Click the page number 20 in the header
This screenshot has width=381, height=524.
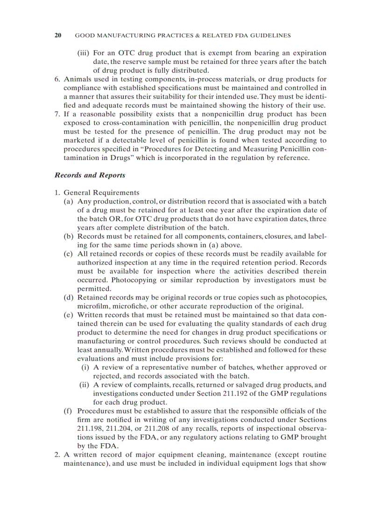click(x=58, y=35)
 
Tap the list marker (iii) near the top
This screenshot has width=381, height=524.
click(x=84, y=53)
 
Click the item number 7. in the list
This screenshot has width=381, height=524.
click(x=57, y=114)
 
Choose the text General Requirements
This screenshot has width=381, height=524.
click(x=101, y=192)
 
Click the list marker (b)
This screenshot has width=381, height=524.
click(x=69, y=237)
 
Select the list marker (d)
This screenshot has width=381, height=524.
click(x=69, y=297)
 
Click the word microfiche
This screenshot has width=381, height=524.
click(x=126, y=306)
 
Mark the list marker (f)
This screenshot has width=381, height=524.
click(x=68, y=411)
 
